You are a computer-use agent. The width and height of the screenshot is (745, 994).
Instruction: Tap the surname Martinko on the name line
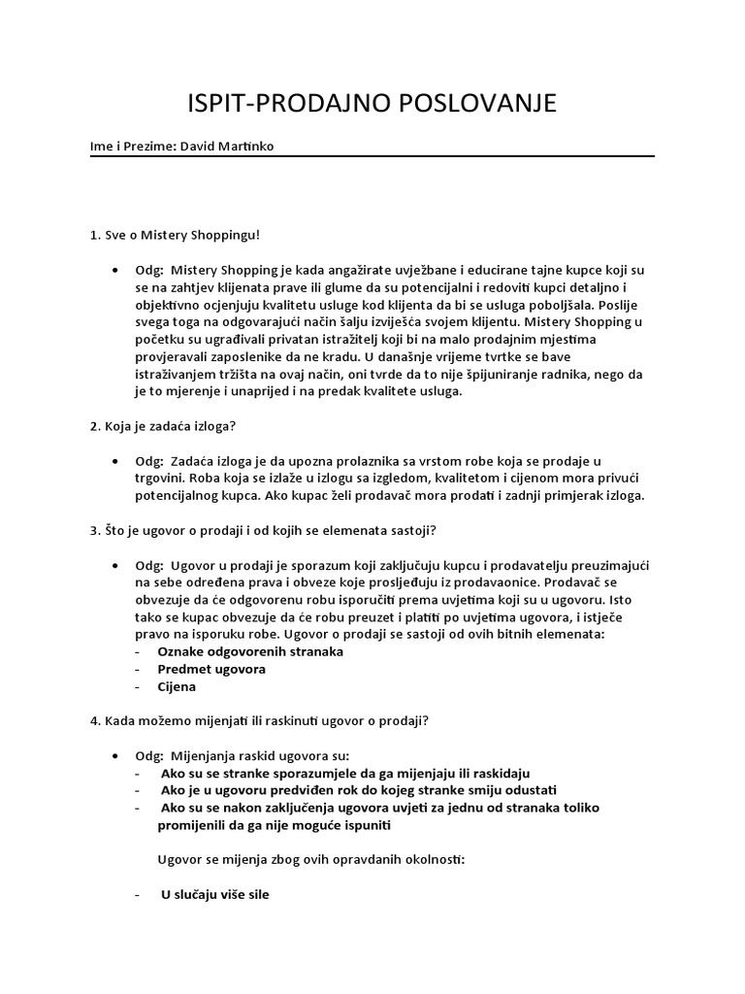coord(254,147)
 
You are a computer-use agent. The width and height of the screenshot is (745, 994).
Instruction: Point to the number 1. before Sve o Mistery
coord(95,235)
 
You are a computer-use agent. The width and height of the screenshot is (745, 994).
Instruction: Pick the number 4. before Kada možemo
coord(95,720)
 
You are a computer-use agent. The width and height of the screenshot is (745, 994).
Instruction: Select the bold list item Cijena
coord(178,686)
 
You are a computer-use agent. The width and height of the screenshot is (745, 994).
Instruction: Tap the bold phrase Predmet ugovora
coord(211,669)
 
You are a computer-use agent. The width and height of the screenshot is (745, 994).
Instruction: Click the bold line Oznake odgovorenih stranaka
coord(250,651)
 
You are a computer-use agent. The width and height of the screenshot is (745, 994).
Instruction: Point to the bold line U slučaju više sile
coord(214,894)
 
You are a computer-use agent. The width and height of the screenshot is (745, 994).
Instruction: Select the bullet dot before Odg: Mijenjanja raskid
coord(116,755)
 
